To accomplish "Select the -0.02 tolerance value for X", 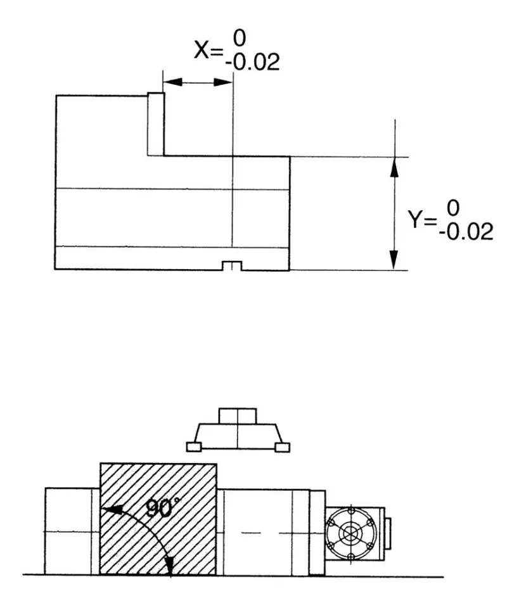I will pyautogui.click(x=251, y=62).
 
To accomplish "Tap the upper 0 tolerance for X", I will pyautogui.click(x=239, y=39).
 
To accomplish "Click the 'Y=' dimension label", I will pyautogui.click(x=421, y=220).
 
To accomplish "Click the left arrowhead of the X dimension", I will pyautogui.click(x=172, y=82).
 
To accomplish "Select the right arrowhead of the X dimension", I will pyautogui.click(x=224, y=82).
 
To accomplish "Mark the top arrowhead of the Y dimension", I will pyautogui.click(x=394, y=166).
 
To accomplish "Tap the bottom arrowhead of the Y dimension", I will pyautogui.click(x=394, y=260).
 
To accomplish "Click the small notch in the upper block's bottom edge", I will pyautogui.click(x=233, y=265).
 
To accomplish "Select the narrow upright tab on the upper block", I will pyautogui.click(x=156, y=123).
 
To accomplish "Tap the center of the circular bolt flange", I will pyautogui.click(x=350, y=533).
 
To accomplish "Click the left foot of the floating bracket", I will pyautogui.click(x=194, y=447).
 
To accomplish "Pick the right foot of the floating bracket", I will pyautogui.click(x=283, y=447).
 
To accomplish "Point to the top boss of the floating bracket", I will pyautogui.click(x=238, y=416).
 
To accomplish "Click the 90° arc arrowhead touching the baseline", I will pyautogui.click(x=169, y=567).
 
